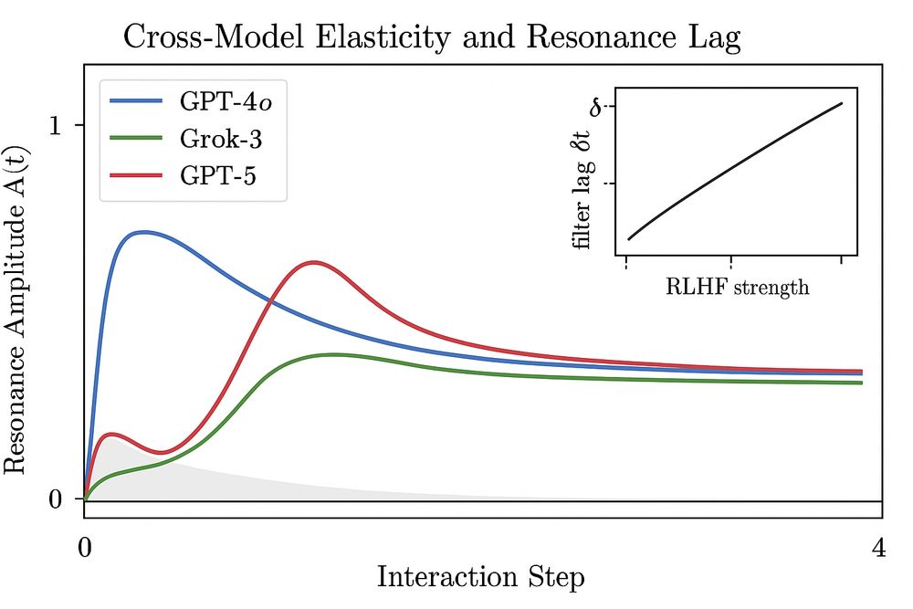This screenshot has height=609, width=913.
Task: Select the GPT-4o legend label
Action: tap(225, 100)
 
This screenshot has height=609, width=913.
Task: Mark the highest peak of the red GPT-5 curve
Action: tap(314, 263)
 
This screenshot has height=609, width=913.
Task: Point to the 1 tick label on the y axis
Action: tap(54, 125)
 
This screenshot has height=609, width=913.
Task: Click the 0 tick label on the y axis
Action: tap(54, 500)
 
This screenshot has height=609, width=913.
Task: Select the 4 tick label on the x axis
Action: tap(877, 549)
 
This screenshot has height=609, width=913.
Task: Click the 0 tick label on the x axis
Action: tap(85, 549)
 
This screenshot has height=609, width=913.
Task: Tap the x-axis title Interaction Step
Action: tap(481, 578)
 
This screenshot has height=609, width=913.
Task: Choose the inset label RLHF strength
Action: tap(737, 288)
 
